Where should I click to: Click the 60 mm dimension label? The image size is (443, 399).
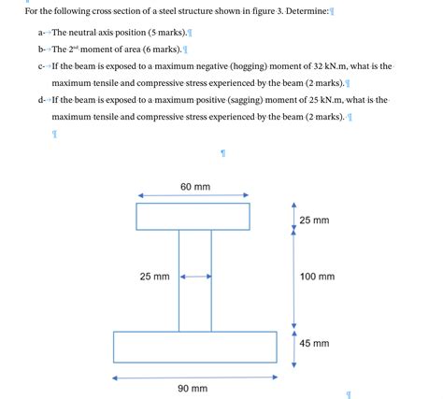195,187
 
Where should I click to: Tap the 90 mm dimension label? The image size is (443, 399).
193,388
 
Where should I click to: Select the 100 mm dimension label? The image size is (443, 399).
317,277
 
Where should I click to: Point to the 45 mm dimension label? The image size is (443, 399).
315,343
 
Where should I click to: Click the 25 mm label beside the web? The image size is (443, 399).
154,277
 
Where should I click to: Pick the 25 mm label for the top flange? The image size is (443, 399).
315,221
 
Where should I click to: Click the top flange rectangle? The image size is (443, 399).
193,216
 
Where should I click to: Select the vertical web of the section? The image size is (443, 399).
194,299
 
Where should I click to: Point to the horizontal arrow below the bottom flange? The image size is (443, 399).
194,378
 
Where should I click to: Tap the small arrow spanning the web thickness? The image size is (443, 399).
195,277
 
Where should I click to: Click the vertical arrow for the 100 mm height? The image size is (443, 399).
294,278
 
